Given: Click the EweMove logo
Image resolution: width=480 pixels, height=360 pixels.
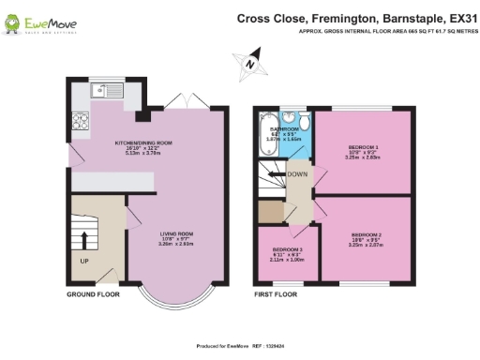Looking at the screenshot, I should point(43,21).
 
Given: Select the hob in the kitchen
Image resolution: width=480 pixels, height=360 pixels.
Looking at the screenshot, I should point(78,121).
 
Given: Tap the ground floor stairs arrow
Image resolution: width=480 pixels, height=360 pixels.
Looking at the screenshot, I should point(85,239).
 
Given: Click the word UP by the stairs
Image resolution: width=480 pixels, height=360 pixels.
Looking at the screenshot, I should point(83,262).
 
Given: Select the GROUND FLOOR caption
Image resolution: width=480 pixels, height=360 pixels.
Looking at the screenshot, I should point(92,294).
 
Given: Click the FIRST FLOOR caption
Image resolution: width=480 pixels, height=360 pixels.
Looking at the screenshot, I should point(276,294).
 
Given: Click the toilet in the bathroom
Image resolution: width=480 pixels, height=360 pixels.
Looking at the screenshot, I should point(291,121).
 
